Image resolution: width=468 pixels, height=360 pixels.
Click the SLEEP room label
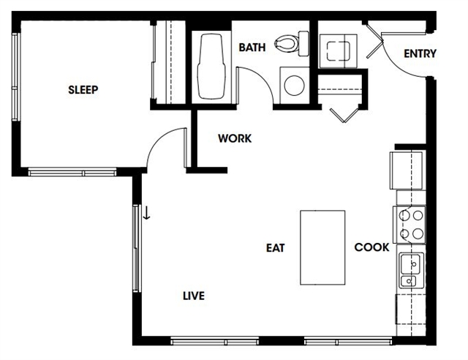click(x=83, y=89)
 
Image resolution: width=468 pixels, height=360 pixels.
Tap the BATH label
click(x=252, y=48)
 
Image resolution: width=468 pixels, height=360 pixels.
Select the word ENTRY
click(x=420, y=53)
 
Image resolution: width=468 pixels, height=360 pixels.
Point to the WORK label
click(x=235, y=138)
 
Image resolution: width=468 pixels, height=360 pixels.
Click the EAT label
click(x=276, y=248)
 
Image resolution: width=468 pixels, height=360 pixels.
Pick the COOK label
click(x=372, y=247)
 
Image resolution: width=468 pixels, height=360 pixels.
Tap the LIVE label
click(x=194, y=296)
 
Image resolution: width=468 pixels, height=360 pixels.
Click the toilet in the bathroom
click(x=292, y=44)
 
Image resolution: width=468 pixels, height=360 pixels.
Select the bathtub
click(x=211, y=67)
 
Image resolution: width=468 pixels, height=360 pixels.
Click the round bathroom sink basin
click(x=295, y=85)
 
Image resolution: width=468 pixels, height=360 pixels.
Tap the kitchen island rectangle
click(x=322, y=247)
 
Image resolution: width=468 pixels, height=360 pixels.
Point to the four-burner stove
click(x=409, y=225)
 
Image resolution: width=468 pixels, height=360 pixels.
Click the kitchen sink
click(x=412, y=271)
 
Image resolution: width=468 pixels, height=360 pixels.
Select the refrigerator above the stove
click(x=407, y=170)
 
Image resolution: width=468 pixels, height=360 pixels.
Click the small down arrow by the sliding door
click(x=146, y=213)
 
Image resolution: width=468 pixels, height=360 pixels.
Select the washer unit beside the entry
click(x=338, y=51)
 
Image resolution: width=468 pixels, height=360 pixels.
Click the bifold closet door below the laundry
click(x=344, y=114)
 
